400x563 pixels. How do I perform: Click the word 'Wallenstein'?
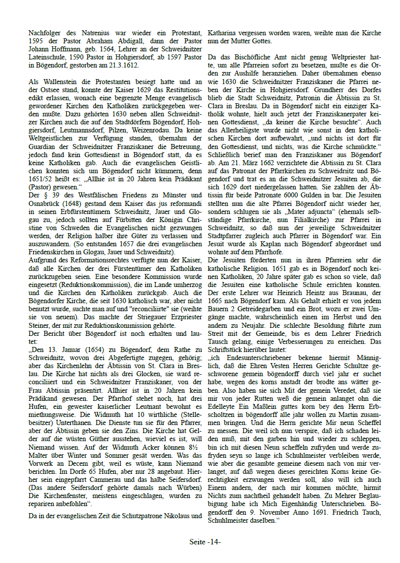click(x=54, y=82)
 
